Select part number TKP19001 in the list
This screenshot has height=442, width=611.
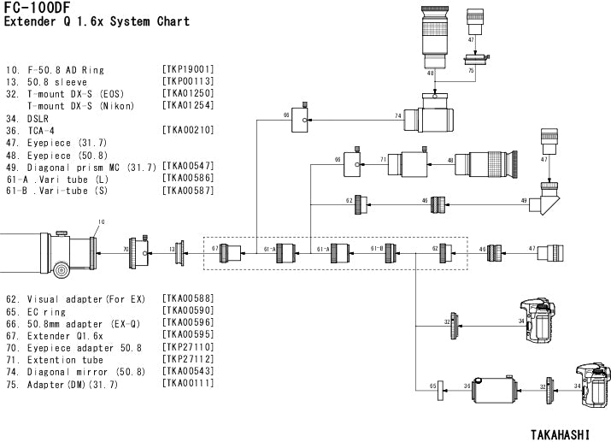pyautogui.click(x=187, y=68)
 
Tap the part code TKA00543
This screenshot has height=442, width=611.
pyautogui.click(x=187, y=373)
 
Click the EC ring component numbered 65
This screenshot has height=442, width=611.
pyautogui.click(x=439, y=386)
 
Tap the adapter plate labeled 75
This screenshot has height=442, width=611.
pyautogui.click(x=473, y=60)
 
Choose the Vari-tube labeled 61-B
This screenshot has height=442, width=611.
pyautogui.click(x=391, y=252)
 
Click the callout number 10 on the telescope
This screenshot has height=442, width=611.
pyautogui.click(x=100, y=222)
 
